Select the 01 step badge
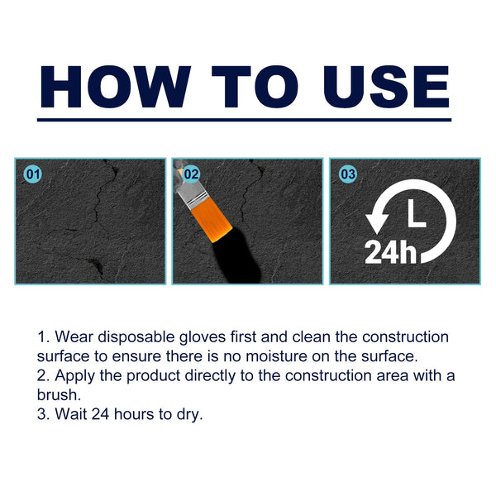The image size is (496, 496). (x=34, y=174)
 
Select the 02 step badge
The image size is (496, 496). (x=191, y=174)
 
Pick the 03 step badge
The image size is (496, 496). (x=348, y=174)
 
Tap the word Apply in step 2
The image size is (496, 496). (x=73, y=375)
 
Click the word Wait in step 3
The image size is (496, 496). (x=70, y=413)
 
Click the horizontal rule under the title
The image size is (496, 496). (x=245, y=120)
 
